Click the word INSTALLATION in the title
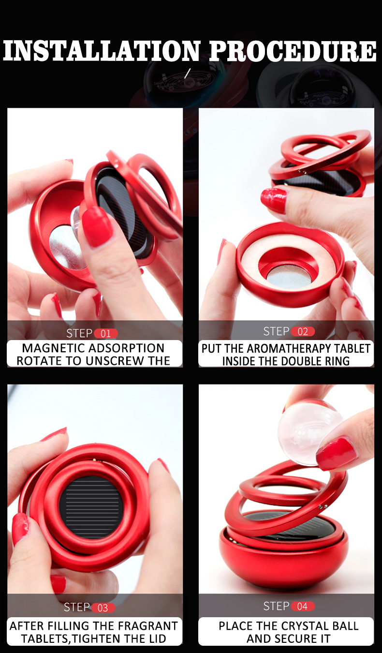pos(102,51)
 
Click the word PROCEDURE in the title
pos(293,51)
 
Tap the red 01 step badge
pos(105,333)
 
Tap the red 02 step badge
pos(303,331)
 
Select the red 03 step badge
pos(103,608)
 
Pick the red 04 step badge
pos(303,606)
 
